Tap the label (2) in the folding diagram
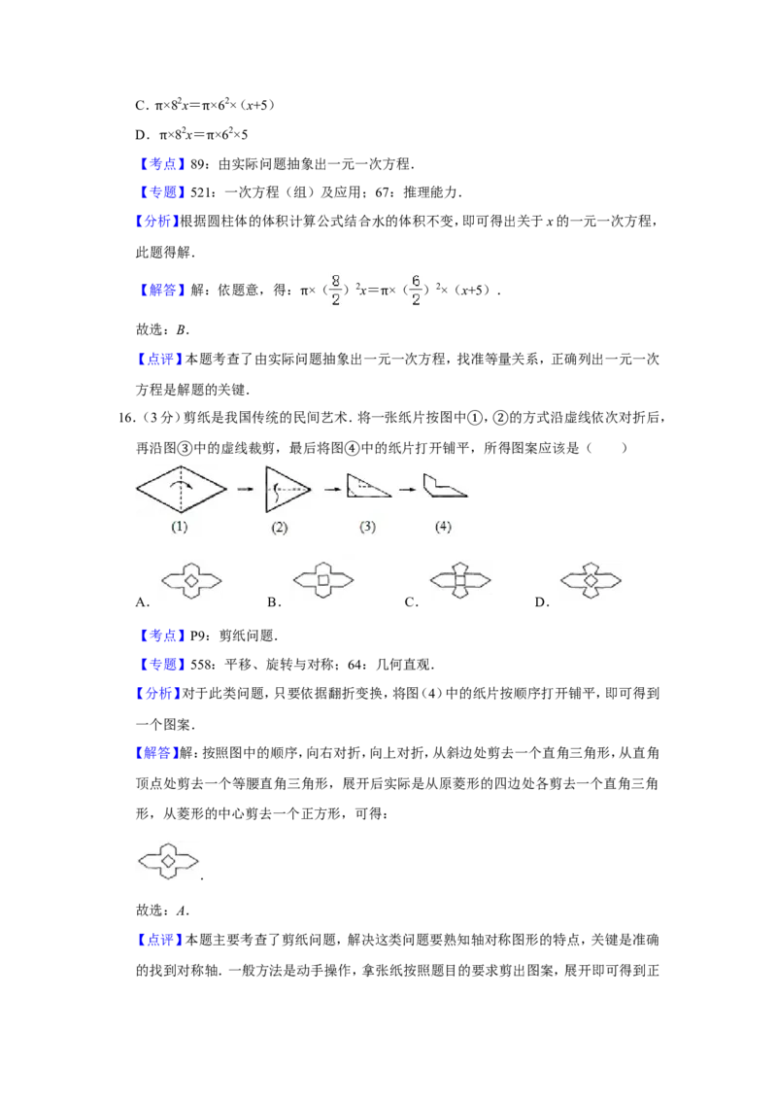pos(280,528)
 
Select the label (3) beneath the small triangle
pos(368,528)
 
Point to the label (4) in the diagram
pos(443,528)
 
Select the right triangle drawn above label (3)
pos(368,486)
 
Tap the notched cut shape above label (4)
pos(445,485)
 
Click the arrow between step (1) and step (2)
pos(248,489)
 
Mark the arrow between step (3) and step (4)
pos(409,489)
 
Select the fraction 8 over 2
pos(336,289)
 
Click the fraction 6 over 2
pos(416,289)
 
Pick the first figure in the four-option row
pos(190,582)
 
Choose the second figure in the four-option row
pos(322,579)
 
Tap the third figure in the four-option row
pos(458,582)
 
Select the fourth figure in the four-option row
pos(591,582)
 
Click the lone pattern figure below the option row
pos(167,862)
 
